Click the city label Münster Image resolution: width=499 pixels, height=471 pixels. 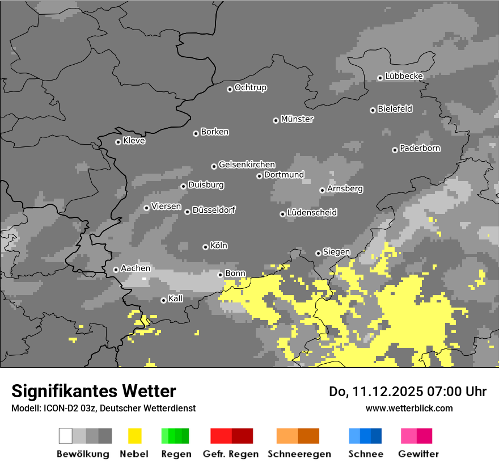[x=297, y=119]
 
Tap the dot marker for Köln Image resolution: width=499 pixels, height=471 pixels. [x=205, y=247]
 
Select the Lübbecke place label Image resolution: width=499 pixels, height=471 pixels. [x=404, y=76]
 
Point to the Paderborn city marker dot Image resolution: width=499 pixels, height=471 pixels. [x=395, y=150]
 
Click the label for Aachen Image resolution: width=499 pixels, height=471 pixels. [x=136, y=268]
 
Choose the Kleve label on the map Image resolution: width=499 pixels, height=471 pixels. [x=134, y=141]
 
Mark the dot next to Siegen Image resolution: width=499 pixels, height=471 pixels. [x=318, y=253]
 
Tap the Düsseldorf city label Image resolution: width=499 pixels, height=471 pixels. [x=214, y=210]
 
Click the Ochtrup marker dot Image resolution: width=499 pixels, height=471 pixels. [x=230, y=89]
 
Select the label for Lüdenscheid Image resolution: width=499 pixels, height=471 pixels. [x=312, y=213]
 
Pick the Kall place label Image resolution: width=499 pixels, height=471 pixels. [x=176, y=298]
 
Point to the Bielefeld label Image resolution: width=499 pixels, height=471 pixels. [x=395, y=109]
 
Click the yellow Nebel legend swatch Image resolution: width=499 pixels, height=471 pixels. [x=135, y=436]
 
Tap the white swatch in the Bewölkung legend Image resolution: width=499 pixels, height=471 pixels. [x=66, y=436]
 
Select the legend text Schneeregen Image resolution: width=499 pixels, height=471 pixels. [x=299, y=454]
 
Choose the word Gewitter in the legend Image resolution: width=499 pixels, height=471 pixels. [x=418, y=454]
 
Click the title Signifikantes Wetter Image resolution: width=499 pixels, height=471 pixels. [x=94, y=391]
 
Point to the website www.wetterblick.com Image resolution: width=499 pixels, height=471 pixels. [x=409, y=408]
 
